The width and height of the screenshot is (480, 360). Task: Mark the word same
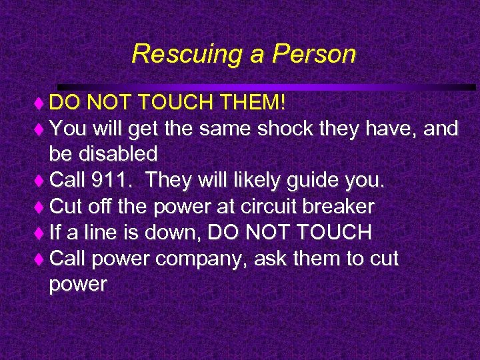[x=223, y=129]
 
